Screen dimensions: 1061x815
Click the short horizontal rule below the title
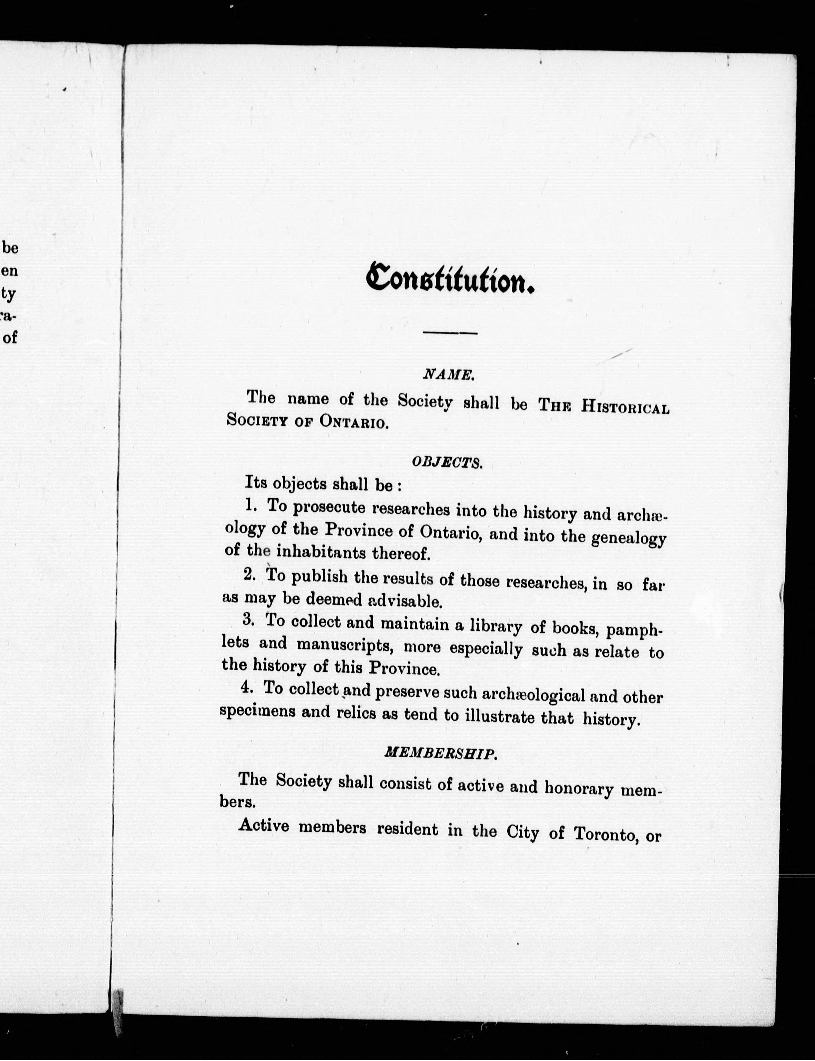tap(450, 333)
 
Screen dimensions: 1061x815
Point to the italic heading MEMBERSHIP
tap(440, 753)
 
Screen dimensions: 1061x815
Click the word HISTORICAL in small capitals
tap(625, 407)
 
